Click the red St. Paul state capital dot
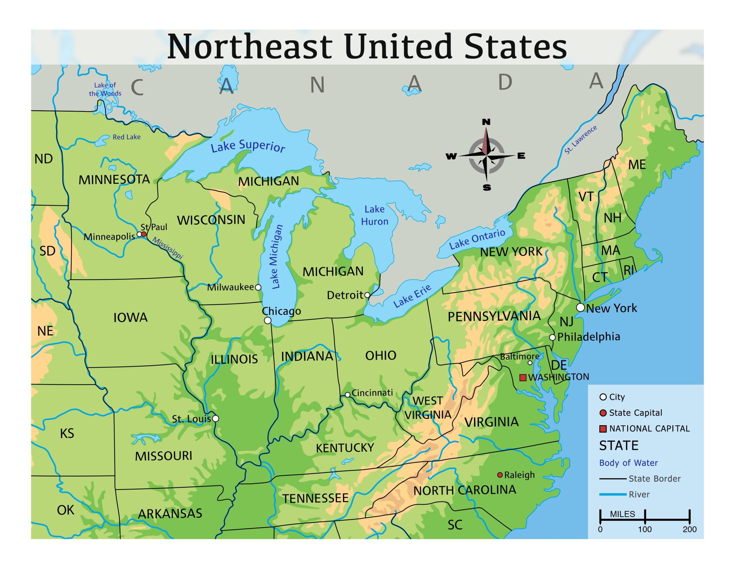[144, 234]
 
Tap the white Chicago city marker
[268, 320]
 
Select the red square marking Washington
[523, 377]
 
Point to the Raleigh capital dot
[500, 475]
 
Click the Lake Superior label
[248, 146]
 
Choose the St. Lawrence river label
[581, 140]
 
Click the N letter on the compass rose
[486, 122]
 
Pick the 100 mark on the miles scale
[645, 529]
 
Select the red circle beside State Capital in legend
[603, 413]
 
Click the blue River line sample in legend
[612, 494]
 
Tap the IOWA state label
[130, 317]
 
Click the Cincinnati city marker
[348, 395]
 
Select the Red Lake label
[127, 137]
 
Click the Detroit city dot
[367, 295]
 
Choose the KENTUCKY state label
[345, 448]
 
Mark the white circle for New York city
[580, 307]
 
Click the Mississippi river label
[168, 248]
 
